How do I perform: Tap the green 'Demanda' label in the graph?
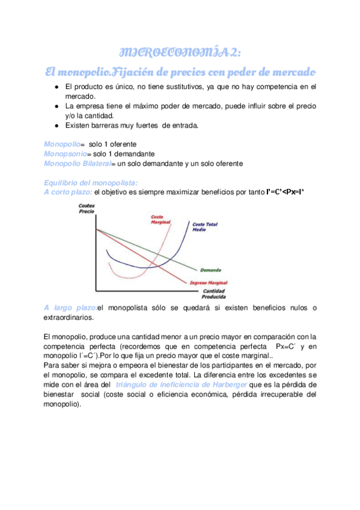[210, 269]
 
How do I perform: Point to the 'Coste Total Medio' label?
[205, 227]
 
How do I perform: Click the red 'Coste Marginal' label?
[160, 220]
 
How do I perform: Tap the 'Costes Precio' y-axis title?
[87, 210]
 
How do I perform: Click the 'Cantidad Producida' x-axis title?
[214, 294]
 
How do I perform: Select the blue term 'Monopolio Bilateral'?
[78, 164]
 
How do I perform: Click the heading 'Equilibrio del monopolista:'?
[91, 183]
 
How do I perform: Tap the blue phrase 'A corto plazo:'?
[68, 192]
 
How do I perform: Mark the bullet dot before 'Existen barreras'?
[56, 126]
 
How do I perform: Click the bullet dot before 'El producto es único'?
[56, 87]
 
